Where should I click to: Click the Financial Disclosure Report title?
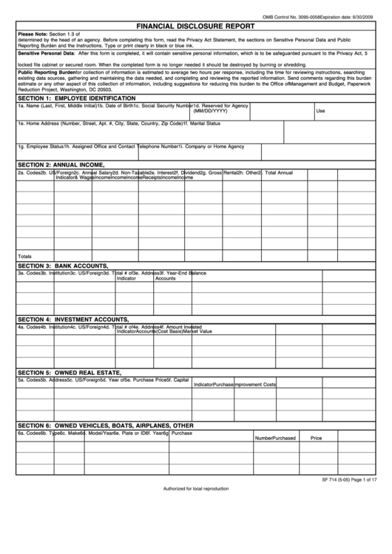click(x=196, y=24)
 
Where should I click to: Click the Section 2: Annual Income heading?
click(x=61, y=163)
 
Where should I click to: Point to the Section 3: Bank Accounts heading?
click(x=63, y=265)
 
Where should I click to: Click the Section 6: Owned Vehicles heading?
click(x=105, y=425)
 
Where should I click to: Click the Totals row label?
click(x=25, y=255)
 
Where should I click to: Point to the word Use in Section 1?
click(x=320, y=111)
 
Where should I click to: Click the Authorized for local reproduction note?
click(x=196, y=489)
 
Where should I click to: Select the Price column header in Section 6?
click(x=316, y=438)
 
